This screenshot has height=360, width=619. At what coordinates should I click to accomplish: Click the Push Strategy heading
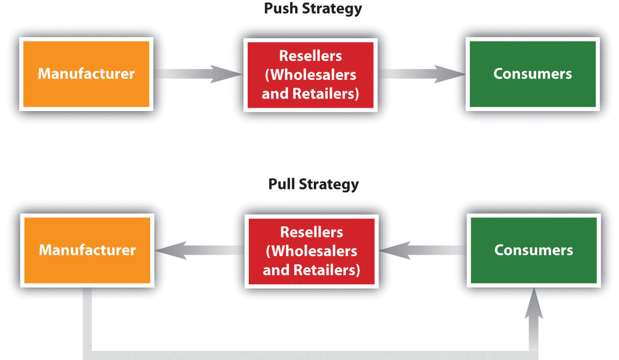(312, 8)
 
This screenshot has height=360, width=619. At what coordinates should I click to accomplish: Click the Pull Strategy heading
(313, 184)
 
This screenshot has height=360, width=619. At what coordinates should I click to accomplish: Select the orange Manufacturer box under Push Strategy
(86, 74)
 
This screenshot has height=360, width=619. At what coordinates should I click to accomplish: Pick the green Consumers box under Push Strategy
(532, 74)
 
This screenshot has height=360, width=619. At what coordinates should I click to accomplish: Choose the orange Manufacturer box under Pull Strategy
(87, 250)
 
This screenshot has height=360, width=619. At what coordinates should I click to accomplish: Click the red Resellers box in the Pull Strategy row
(311, 251)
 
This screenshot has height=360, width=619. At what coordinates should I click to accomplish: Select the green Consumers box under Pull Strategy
(533, 250)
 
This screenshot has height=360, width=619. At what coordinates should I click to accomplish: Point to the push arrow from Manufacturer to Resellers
(199, 74)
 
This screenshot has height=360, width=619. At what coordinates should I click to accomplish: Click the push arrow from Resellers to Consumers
(421, 74)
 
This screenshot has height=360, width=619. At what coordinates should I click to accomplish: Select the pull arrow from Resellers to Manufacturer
(199, 250)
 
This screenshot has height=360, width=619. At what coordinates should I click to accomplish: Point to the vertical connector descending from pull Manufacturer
(88, 321)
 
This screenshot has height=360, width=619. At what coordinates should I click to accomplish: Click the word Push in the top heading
(279, 8)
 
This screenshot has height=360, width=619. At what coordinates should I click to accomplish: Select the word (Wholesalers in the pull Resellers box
(311, 251)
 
